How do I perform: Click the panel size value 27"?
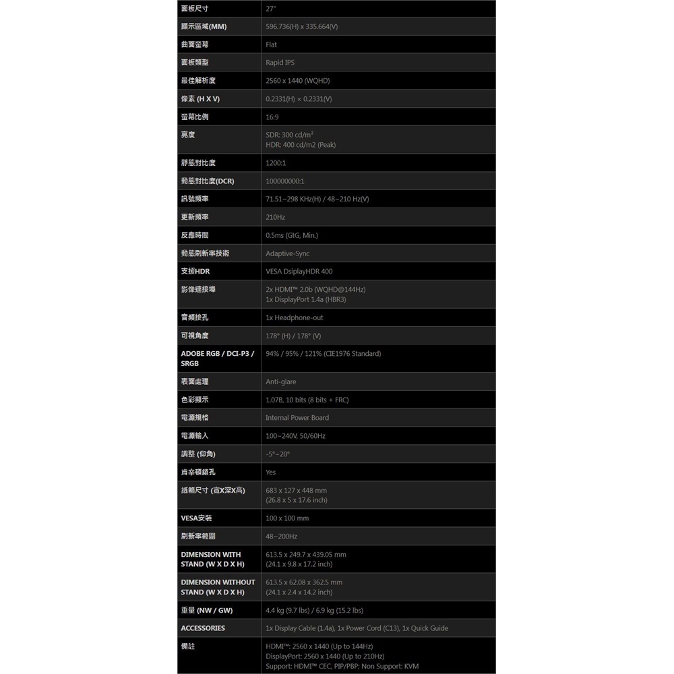point(271,9)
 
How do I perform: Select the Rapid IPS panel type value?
point(280,63)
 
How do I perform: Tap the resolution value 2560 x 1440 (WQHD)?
point(297,81)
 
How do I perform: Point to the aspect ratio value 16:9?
point(272,117)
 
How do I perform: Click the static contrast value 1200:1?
point(276,163)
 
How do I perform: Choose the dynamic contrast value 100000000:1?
point(285,181)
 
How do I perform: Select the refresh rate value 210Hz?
point(275,218)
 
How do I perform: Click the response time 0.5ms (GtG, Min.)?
point(292,235)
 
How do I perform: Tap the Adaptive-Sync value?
point(288,253)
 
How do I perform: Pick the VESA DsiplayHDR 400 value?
point(299,272)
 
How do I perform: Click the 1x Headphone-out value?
point(295,317)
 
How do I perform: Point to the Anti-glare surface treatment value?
point(281,382)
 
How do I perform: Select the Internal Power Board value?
point(297,418)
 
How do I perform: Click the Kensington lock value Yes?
point(271,472)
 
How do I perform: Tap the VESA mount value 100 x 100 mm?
point(287,518)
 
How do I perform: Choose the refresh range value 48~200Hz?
point(281,537)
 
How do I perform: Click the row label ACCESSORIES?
point(203,628)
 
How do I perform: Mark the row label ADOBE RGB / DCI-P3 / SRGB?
point(217,359)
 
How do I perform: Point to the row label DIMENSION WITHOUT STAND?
point(218,587)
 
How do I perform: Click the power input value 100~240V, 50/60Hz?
point(295,436)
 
